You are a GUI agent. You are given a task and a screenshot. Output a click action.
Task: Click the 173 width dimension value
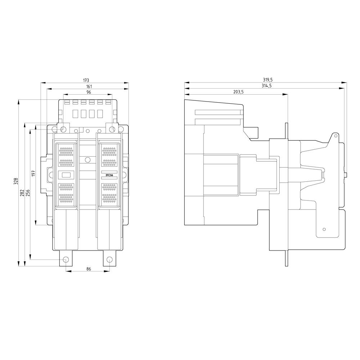pos(86,80)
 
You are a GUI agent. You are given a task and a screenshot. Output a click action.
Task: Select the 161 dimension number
pos(89,86)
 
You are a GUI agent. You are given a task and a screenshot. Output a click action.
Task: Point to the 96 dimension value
pos(89,92)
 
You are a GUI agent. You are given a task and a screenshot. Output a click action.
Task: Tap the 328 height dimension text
pos(15,181)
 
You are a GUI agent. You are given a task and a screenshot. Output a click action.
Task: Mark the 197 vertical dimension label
pos(33,173)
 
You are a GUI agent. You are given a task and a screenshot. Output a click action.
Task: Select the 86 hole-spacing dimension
pos(89,269)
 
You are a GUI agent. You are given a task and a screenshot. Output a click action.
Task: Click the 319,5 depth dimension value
pos(268,80)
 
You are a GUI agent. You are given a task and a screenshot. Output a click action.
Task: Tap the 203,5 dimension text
pos(238,92)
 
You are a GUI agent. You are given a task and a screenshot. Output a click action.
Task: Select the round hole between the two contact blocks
pos(87,159)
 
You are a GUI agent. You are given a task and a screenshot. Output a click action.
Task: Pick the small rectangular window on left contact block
pos(66,175)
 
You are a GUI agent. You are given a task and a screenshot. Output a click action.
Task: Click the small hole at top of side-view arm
pos(335,136)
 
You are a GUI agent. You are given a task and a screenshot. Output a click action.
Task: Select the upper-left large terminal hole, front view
pos(63,129)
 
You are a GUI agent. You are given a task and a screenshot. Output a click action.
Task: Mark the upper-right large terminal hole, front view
pos(112,129)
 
